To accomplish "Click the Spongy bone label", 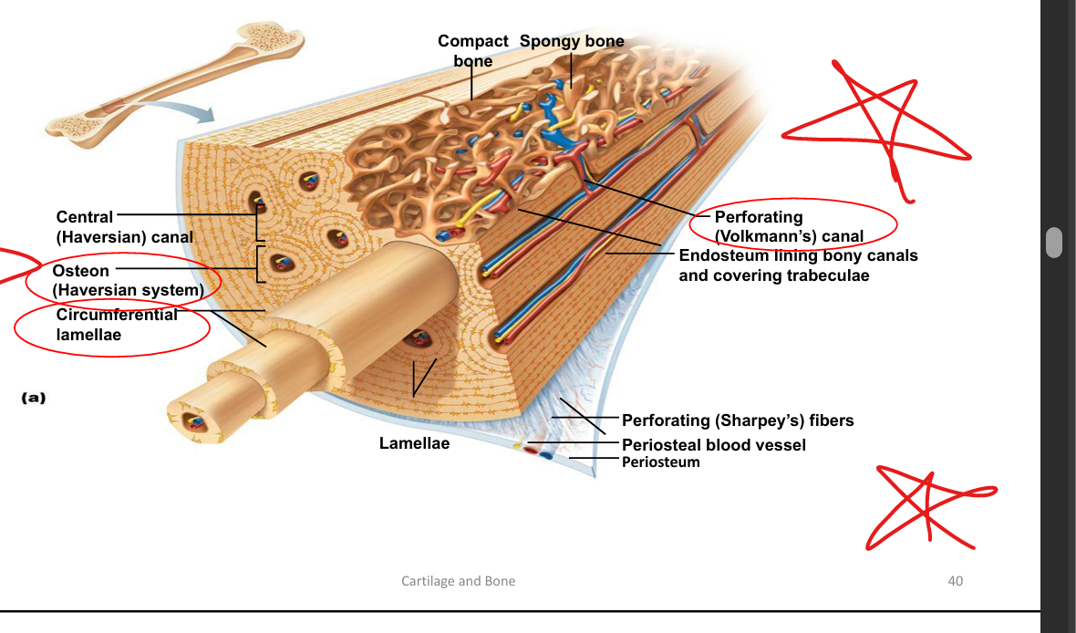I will [x=572, y=41].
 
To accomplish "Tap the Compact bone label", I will [x=472, y=51].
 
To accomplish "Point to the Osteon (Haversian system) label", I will [x=127, y=281].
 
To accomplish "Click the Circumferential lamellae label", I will [x=117, y=325].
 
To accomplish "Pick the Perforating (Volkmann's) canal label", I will [x=788, y=227].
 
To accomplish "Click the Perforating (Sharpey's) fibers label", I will [x=738, y=420].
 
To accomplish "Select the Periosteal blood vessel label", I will [x=713, y=445].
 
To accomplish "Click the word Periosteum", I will [x=660, y=462].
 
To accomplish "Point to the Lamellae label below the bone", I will [x=414, y=444].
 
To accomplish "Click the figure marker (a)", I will [x=33, y=398].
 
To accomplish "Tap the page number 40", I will [x=955, y=581].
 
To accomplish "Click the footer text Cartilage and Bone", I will [x=458, y=581].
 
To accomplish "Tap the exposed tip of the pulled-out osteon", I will [x=194, y=421].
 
